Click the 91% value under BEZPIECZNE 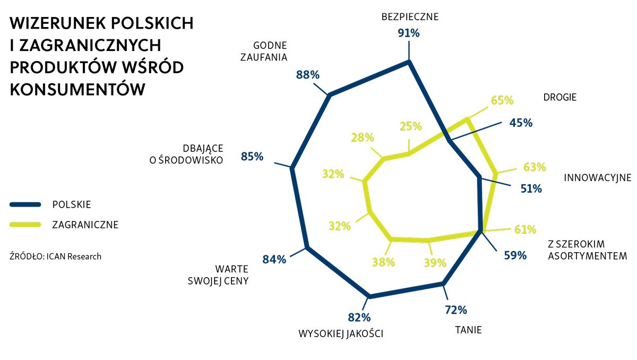(409, 33)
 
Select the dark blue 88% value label (308, 75)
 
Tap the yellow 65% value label (502, 100)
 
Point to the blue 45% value (521, 123)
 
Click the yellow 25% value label (410, 126)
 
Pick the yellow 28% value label (362, 138)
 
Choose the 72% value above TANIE (455, 310)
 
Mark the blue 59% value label (515, 255)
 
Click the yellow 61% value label (525, 229)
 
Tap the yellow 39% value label (435, 262)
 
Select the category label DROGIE (559, 97)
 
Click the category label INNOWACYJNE (597, 177)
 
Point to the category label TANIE (468, 330)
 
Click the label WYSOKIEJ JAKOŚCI (341, 333)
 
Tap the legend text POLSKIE (72, 204)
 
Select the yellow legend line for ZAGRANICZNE (25, 225)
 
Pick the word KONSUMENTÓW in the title (78, 89)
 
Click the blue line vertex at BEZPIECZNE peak (409, 62)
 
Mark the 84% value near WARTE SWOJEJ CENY (274, 259)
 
